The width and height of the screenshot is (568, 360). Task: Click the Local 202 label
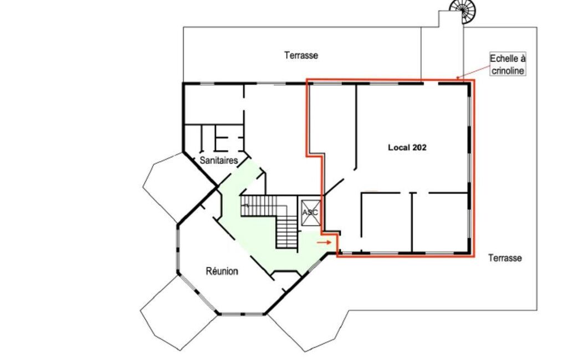[407, 147]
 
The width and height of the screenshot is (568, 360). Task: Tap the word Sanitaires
[219, 160]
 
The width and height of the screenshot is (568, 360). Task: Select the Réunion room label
[222, 271]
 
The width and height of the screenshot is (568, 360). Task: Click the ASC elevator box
[310, 212]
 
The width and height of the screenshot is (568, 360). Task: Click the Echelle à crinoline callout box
[508, 64]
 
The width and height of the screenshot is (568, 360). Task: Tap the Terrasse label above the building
[301, 55]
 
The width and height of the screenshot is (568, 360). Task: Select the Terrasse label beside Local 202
[505, 258]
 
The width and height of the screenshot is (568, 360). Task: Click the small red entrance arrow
[324, 242]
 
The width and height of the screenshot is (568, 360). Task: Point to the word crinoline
[508, 70]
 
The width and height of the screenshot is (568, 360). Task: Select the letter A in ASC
[305, 212]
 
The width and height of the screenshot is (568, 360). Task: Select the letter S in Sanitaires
[202, 160]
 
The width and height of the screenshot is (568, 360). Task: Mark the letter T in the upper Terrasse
[287, 55]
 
